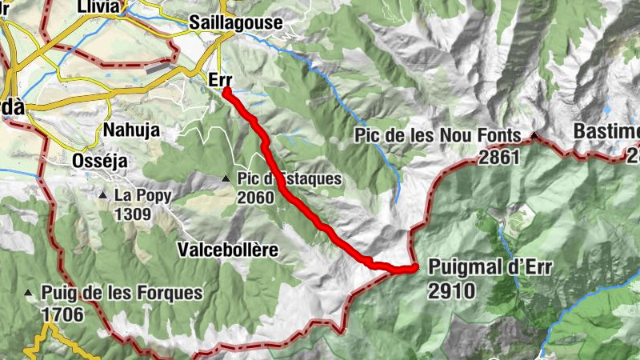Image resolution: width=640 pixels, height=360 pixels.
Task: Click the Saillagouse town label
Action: [236, 22]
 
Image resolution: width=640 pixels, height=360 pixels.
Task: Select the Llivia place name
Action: [98, 6]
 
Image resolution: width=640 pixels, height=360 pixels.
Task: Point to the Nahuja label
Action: [131, 130]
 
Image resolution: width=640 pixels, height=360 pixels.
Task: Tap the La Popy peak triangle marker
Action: [103, 195]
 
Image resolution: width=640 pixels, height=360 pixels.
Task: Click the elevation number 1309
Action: [133, 214]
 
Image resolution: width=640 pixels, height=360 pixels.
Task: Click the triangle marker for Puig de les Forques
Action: [30, 293]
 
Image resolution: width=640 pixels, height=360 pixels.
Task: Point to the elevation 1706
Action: [63, 314]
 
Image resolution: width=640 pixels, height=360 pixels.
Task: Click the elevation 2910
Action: [452, 290]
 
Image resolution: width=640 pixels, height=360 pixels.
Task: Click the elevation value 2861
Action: [500, 157]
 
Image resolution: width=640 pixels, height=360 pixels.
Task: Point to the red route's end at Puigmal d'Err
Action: [414, 268]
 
